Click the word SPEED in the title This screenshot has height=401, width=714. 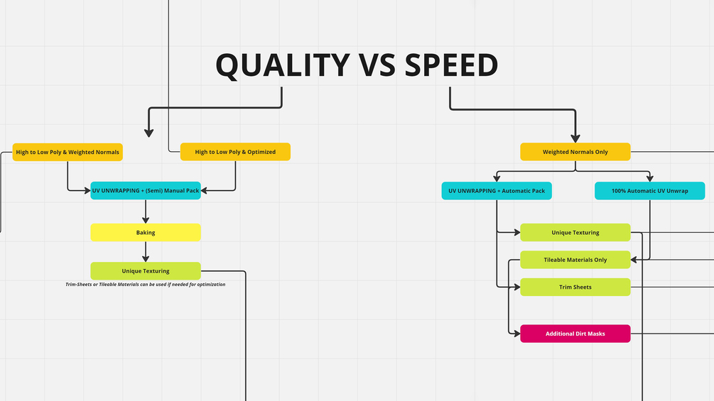pyautogui.click(x=451, y=65)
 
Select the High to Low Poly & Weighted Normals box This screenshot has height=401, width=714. pyautogui.click(x=67, y=152)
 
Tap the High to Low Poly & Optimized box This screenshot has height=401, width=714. pyautogui.click(x=235, y=152)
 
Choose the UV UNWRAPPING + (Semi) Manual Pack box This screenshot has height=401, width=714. pyautogui.click(x=146, y=190)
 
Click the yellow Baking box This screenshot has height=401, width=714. pyautogui.click(x=146, y=232)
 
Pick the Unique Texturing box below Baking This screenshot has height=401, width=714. pyautogui.click(x=146, y=270)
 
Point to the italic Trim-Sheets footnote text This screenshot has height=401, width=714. pyautogui.click(x=145, y=285)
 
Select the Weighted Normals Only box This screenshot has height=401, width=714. pyautogui.click(x=575, y=152)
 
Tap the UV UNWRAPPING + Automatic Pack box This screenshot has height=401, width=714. pyautogui.click(x=497, y=191)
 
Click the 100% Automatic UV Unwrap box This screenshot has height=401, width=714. pyautogui.click(x=649, y=191)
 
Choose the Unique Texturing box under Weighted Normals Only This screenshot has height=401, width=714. pyautogui.click(x=575, y=232)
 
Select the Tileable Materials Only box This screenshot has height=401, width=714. pyautogui.click(x=575, y=260)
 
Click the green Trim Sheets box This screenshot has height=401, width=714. pyautogui.click(x=575, y=287)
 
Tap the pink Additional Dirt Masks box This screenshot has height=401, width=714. pyautogui.click(x=575, y=334)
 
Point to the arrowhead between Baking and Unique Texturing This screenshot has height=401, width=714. pyautogui.click(x=146, y=257)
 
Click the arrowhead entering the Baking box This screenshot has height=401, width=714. pyautogui.click(x=146, y=219)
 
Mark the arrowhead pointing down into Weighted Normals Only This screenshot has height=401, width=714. pyautogui.click(x=575, y=138)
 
